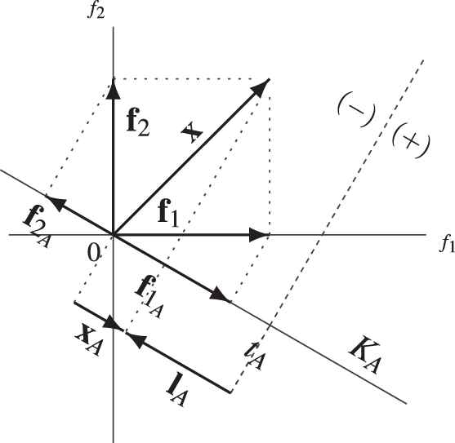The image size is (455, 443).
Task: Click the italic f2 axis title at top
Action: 96,11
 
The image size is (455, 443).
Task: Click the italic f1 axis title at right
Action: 447,244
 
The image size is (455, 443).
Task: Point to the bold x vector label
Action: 191,132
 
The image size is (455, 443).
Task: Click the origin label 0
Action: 93,254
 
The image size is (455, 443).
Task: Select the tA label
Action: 255,357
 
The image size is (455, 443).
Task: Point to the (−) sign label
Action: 356,111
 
